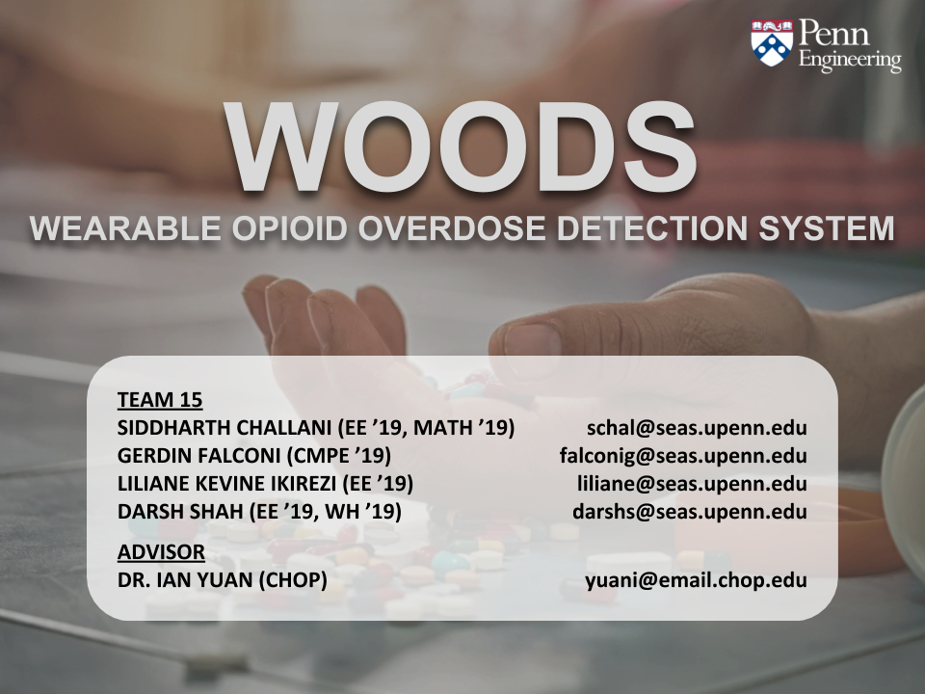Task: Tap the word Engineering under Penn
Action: [851, 63]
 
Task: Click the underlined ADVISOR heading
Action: [161, 553]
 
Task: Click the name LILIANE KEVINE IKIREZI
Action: [227, 484]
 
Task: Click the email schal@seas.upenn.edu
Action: [697, 428]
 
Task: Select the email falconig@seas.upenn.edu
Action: [683, 456]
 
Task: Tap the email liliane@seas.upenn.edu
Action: [692, 484]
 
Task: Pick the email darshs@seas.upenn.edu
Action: [690, 512]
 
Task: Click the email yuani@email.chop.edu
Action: [697, 581]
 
